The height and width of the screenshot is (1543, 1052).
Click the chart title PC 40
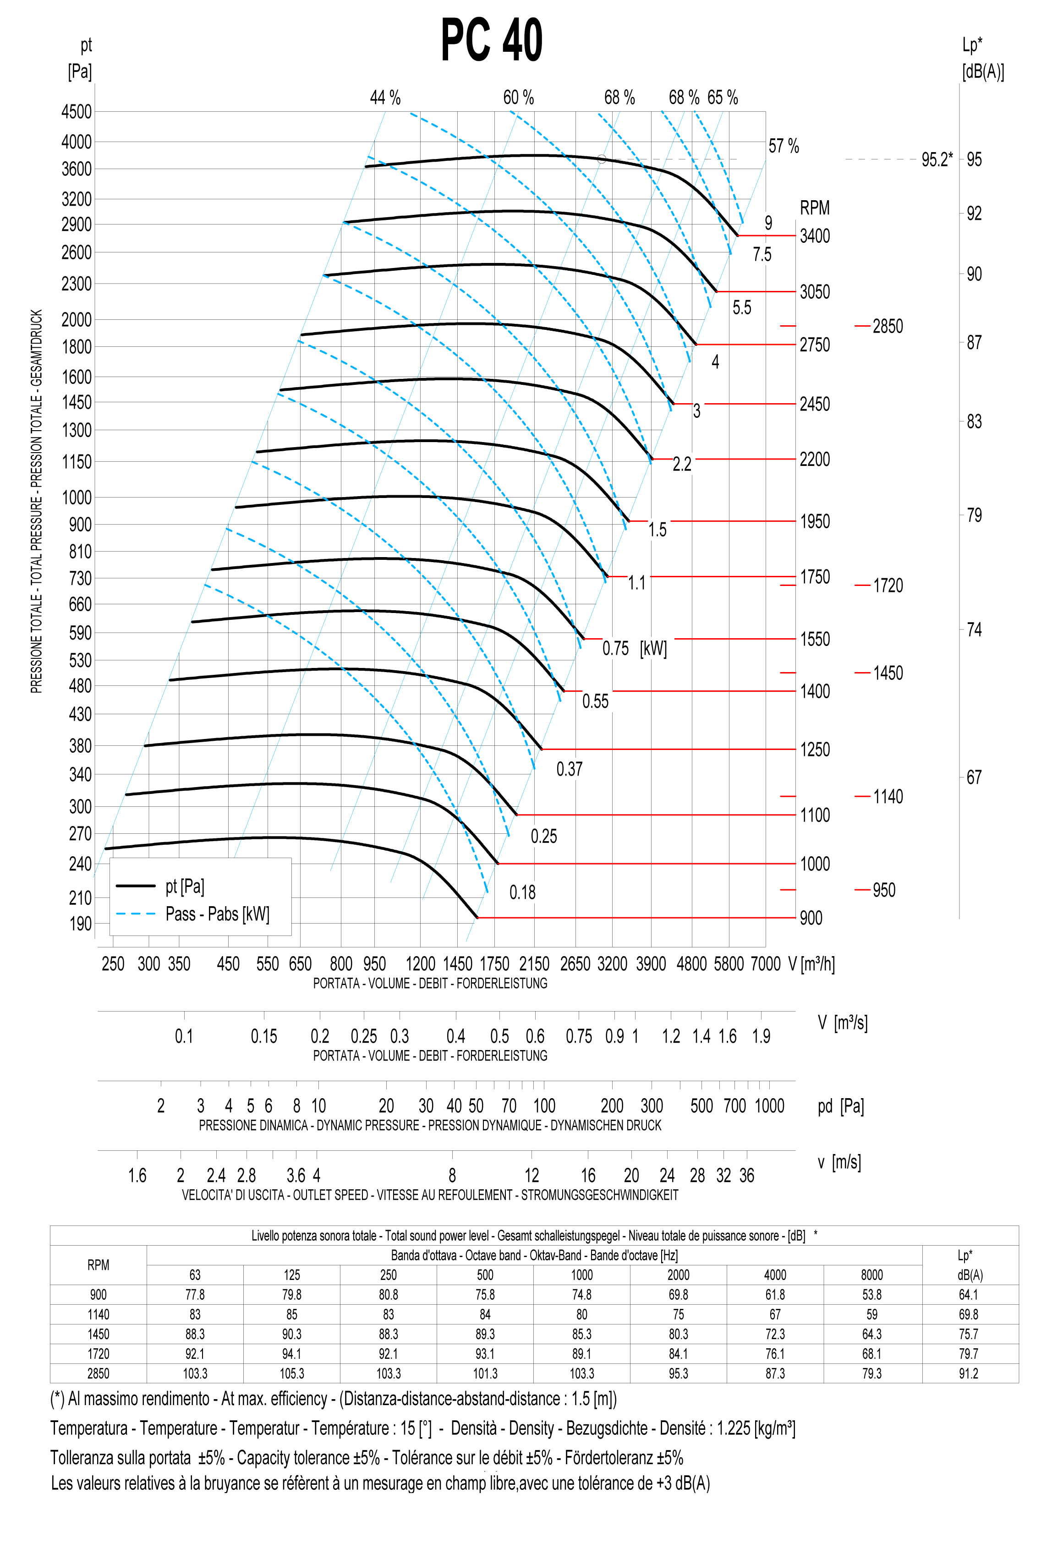coord(492,40)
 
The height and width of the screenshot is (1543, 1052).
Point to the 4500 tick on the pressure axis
coord(77,111)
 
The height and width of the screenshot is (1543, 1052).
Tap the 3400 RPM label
coord(814,236)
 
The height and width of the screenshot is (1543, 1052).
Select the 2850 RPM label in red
coord(888,326)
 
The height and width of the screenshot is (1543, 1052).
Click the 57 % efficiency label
coord(784,146)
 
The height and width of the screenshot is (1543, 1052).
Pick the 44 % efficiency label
coord(385,98)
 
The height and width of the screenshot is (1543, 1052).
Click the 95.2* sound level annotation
coord(937,159)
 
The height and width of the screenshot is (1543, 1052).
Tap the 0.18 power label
coord(522,892)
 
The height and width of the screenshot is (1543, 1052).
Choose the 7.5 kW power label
coord(762,254)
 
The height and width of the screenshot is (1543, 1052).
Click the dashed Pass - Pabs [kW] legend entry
coord(217,914)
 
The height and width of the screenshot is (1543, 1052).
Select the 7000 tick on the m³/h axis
coord(765,963)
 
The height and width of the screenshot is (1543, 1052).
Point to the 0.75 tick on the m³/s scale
coord(579,1036)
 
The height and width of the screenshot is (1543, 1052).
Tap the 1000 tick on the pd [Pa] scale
coord(769,1105)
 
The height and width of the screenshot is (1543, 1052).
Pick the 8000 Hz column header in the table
coord(871,1275)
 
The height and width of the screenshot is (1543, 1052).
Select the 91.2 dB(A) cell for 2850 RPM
coord(968,1373)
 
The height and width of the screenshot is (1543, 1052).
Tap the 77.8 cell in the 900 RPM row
coord(195,1295)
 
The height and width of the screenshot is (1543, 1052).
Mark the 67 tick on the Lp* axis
coord(974,777)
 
